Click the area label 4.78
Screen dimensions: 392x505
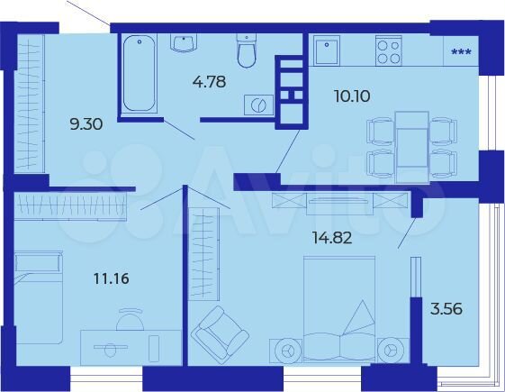[210, 86]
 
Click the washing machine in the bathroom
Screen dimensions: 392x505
[257, 105]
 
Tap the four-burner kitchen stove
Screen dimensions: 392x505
[388, 50]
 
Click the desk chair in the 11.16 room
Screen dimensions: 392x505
[131, 320]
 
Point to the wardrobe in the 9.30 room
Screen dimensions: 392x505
[30, 101]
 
